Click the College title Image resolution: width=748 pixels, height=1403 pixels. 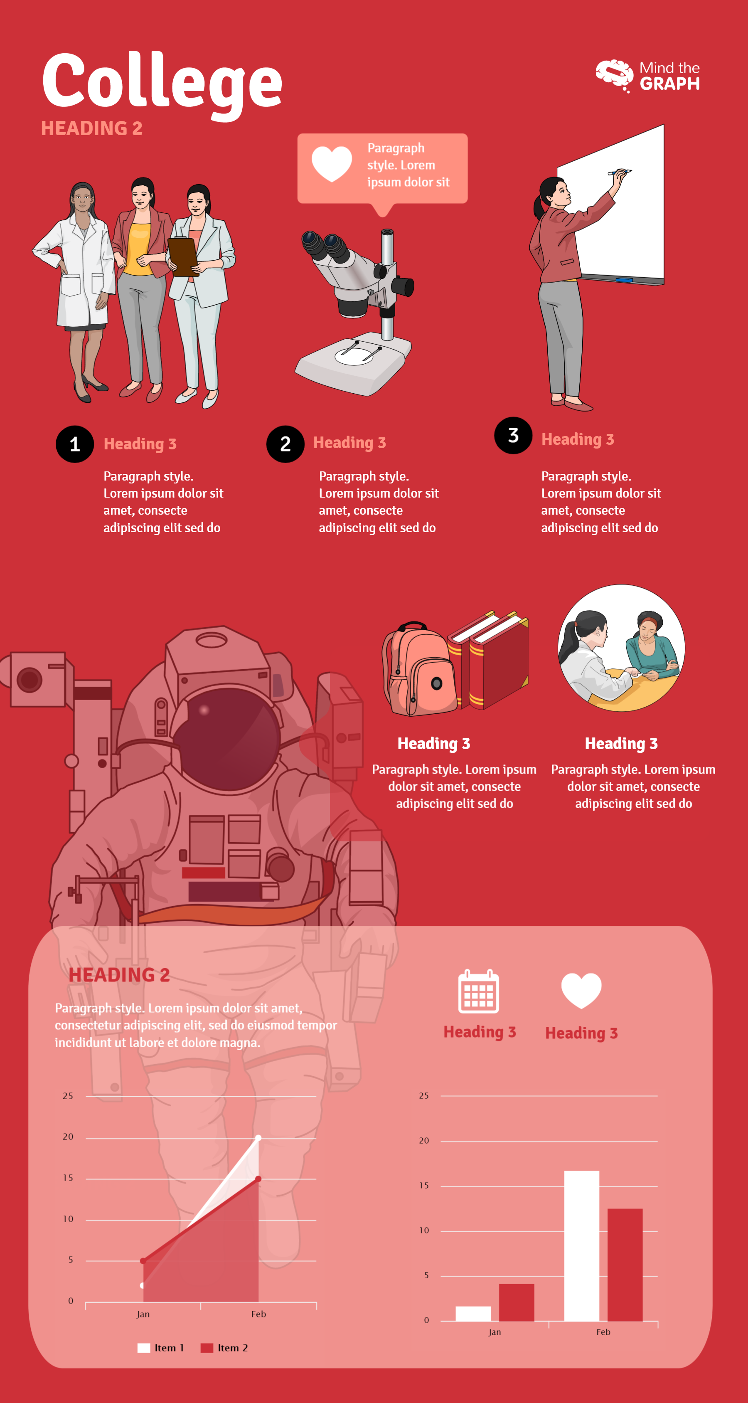tap(162, 82)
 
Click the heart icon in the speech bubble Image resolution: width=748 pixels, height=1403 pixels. tap(332, 163)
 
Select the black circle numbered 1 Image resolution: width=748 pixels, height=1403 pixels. tap(74, 444)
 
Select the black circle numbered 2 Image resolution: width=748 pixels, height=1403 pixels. tap(285, 444)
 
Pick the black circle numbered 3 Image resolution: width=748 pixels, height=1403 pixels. tap(513, 436)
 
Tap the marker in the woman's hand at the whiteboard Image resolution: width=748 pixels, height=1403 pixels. tap(620, 173)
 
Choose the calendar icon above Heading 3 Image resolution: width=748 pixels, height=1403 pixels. tap(478, 992)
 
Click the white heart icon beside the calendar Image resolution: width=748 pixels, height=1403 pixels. tap(581, 991)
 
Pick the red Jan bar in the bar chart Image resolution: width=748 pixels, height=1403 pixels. tap(516, 1302)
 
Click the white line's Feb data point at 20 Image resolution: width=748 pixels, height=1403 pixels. tap(258, 1138)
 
